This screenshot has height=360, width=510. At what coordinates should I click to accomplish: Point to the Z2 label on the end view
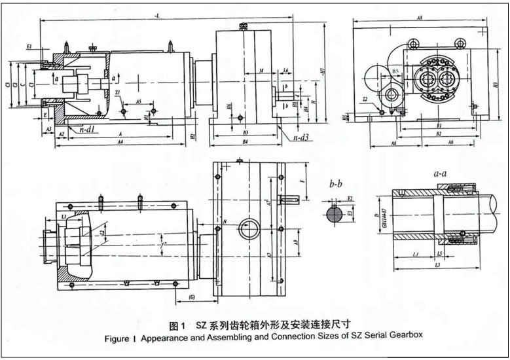[x=366, y=99]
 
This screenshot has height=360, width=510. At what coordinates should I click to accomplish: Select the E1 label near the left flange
[x=29, y=48]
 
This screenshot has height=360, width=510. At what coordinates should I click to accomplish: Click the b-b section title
[x=336, y=185]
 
